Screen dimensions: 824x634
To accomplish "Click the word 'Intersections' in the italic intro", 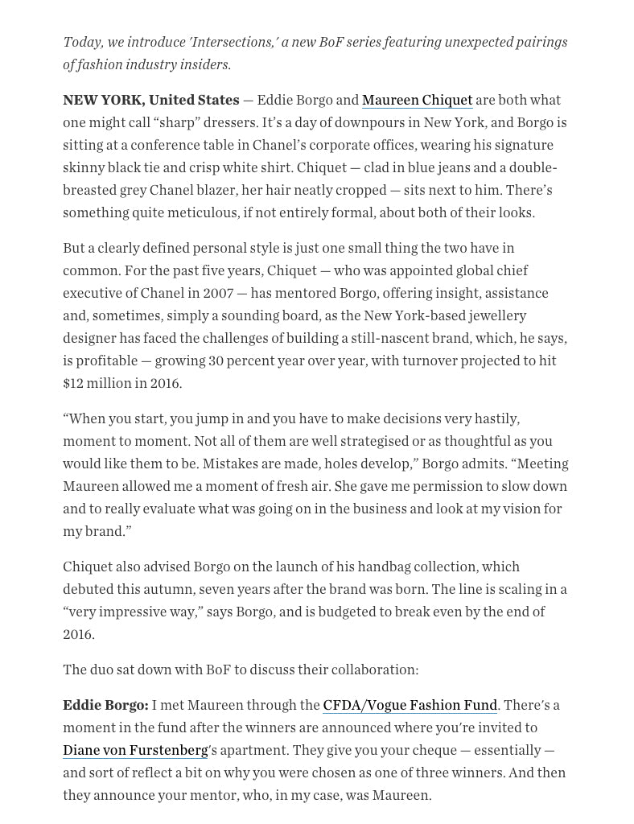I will (234, 42).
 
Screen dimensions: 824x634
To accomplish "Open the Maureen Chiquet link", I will (417, 100).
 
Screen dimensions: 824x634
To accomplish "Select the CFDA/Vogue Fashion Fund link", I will (410, 705).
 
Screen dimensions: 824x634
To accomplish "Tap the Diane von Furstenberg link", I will (135, 750).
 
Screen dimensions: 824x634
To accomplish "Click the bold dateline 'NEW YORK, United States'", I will (151, 100).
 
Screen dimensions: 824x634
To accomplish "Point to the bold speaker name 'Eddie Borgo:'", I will (105, 705).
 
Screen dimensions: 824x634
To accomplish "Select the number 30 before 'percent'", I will (216, 360).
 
